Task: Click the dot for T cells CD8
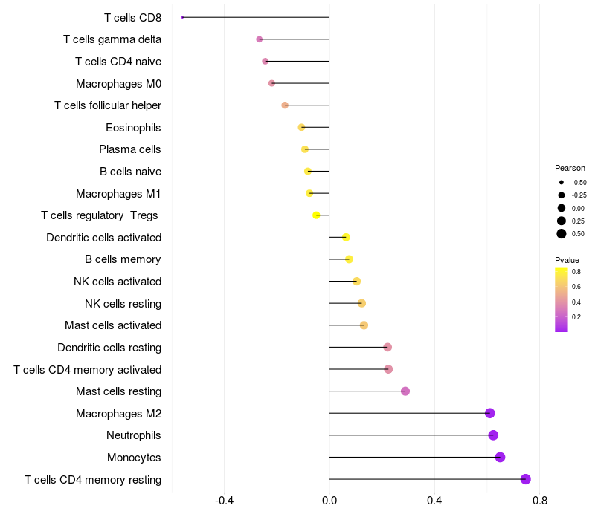pos(182,17)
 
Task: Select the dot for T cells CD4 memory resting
pos(526,479)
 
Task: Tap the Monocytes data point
pos(500,457)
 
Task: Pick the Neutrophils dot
pos(493,435)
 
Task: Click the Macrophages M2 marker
pos(489,413)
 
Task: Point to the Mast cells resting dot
pos(405,391)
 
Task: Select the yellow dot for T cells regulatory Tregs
pos(316,215)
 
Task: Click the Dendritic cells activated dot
pos(346,237)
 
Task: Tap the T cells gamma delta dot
pos(259,39)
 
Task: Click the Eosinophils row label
pos(133,128)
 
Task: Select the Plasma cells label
pos(130,149)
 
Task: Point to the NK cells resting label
pos(123,303)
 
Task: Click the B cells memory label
pos(123,259)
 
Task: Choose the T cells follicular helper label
pos(108,105)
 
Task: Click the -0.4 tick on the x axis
pos(225,501)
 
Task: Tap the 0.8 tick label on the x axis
pos(540,501)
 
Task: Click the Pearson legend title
pos(570,168)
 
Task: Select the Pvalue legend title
pos(567,260)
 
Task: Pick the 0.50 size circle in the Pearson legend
pos(562,234)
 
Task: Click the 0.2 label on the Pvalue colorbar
pos(576,317)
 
